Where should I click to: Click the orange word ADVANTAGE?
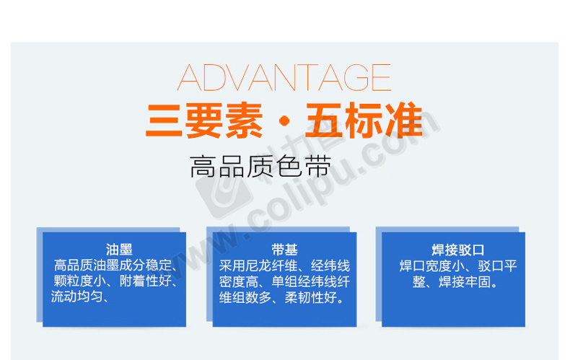[x=284, y=77]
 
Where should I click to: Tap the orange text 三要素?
[x=204, y=120]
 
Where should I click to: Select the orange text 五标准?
[x=364, y=120]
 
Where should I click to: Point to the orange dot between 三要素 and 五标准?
[x=284, y=120]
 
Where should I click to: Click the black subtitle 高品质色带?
[x=260, y=167]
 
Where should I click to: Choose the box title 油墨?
[x=119, y=250]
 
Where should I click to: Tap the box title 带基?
[x=284, y=250]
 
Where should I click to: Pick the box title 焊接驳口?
[x=458, y=250]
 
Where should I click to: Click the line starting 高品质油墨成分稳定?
[x=115, y=265]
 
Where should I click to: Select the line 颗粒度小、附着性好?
[x=115, y=281]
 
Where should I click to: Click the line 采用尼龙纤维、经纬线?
[x=284, y=265]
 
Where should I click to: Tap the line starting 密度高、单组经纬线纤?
[x=284, y=282]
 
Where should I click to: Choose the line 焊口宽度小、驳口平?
[x=458, y=265]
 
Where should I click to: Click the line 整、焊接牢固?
[x=455, y=282]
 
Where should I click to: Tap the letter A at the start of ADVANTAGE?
[x=189, y=77]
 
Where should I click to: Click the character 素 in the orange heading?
[x=244, y=120]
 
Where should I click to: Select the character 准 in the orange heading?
[x=404, y=120]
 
